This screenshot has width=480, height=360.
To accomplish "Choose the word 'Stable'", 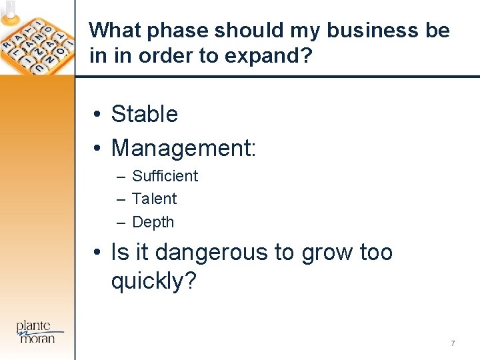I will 144,114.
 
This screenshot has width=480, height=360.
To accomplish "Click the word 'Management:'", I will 183,147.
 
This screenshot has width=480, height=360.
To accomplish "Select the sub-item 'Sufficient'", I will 165,176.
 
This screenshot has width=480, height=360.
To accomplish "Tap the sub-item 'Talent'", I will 154,199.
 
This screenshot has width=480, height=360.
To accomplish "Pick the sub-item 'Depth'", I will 153,222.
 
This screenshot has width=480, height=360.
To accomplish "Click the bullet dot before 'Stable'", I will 97,115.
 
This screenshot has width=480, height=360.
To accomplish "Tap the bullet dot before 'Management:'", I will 97,148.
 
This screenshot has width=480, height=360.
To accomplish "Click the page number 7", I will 453,343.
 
